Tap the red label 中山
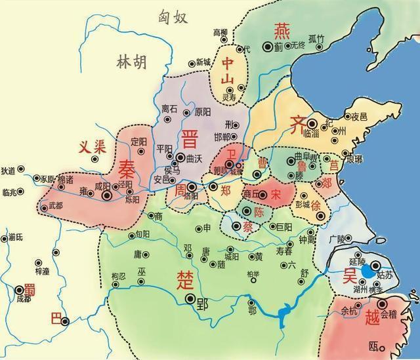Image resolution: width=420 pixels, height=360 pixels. (229, 71)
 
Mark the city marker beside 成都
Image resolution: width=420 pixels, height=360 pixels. (16, 289)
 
